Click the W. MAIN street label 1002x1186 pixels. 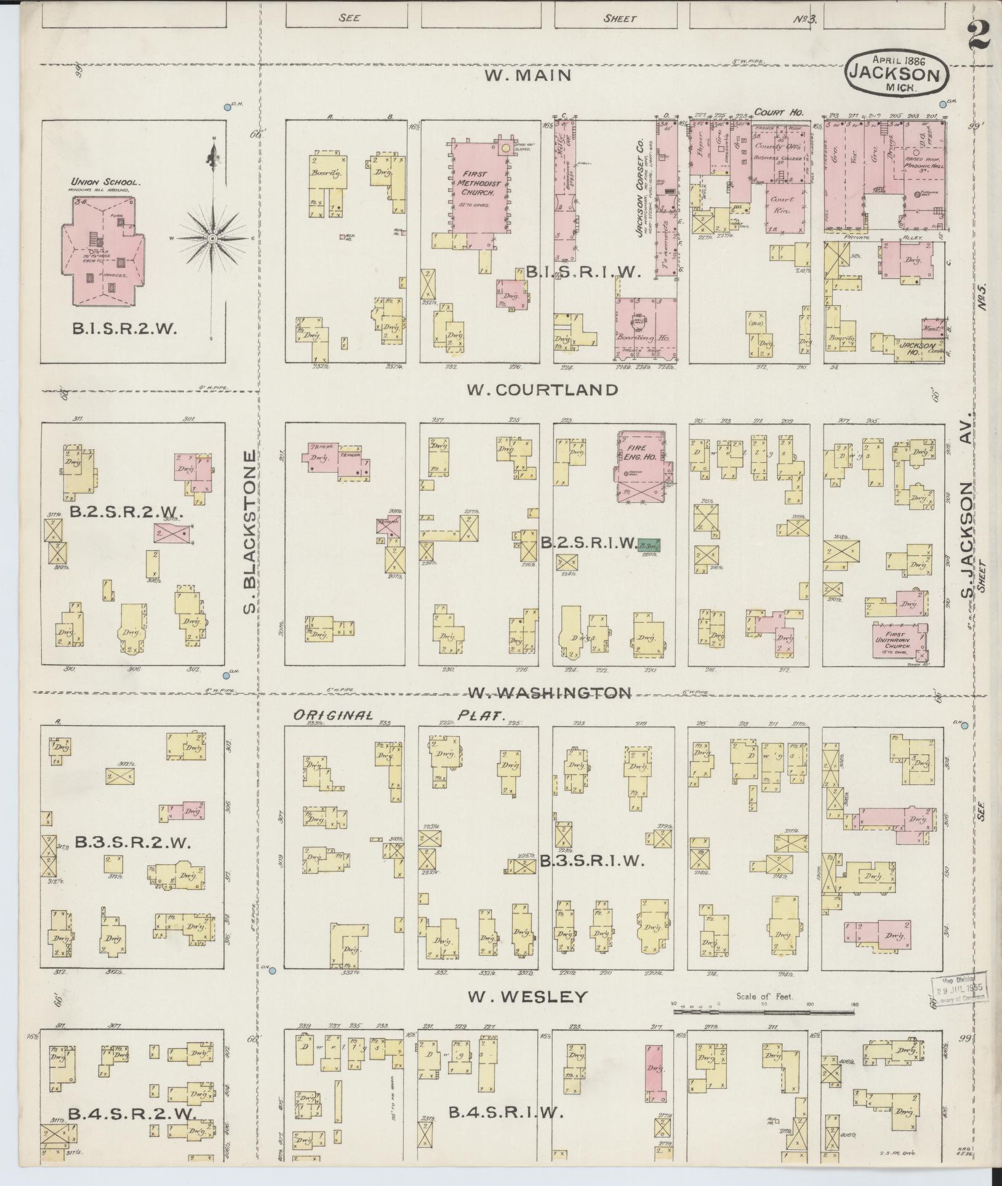[x=528, y=75]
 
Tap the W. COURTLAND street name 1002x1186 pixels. [x=542, y=390]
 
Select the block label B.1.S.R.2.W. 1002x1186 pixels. [x=125, y=329]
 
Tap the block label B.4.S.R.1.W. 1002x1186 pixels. [x=506, y=1112]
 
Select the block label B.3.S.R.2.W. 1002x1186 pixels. [x=133, y=843]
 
